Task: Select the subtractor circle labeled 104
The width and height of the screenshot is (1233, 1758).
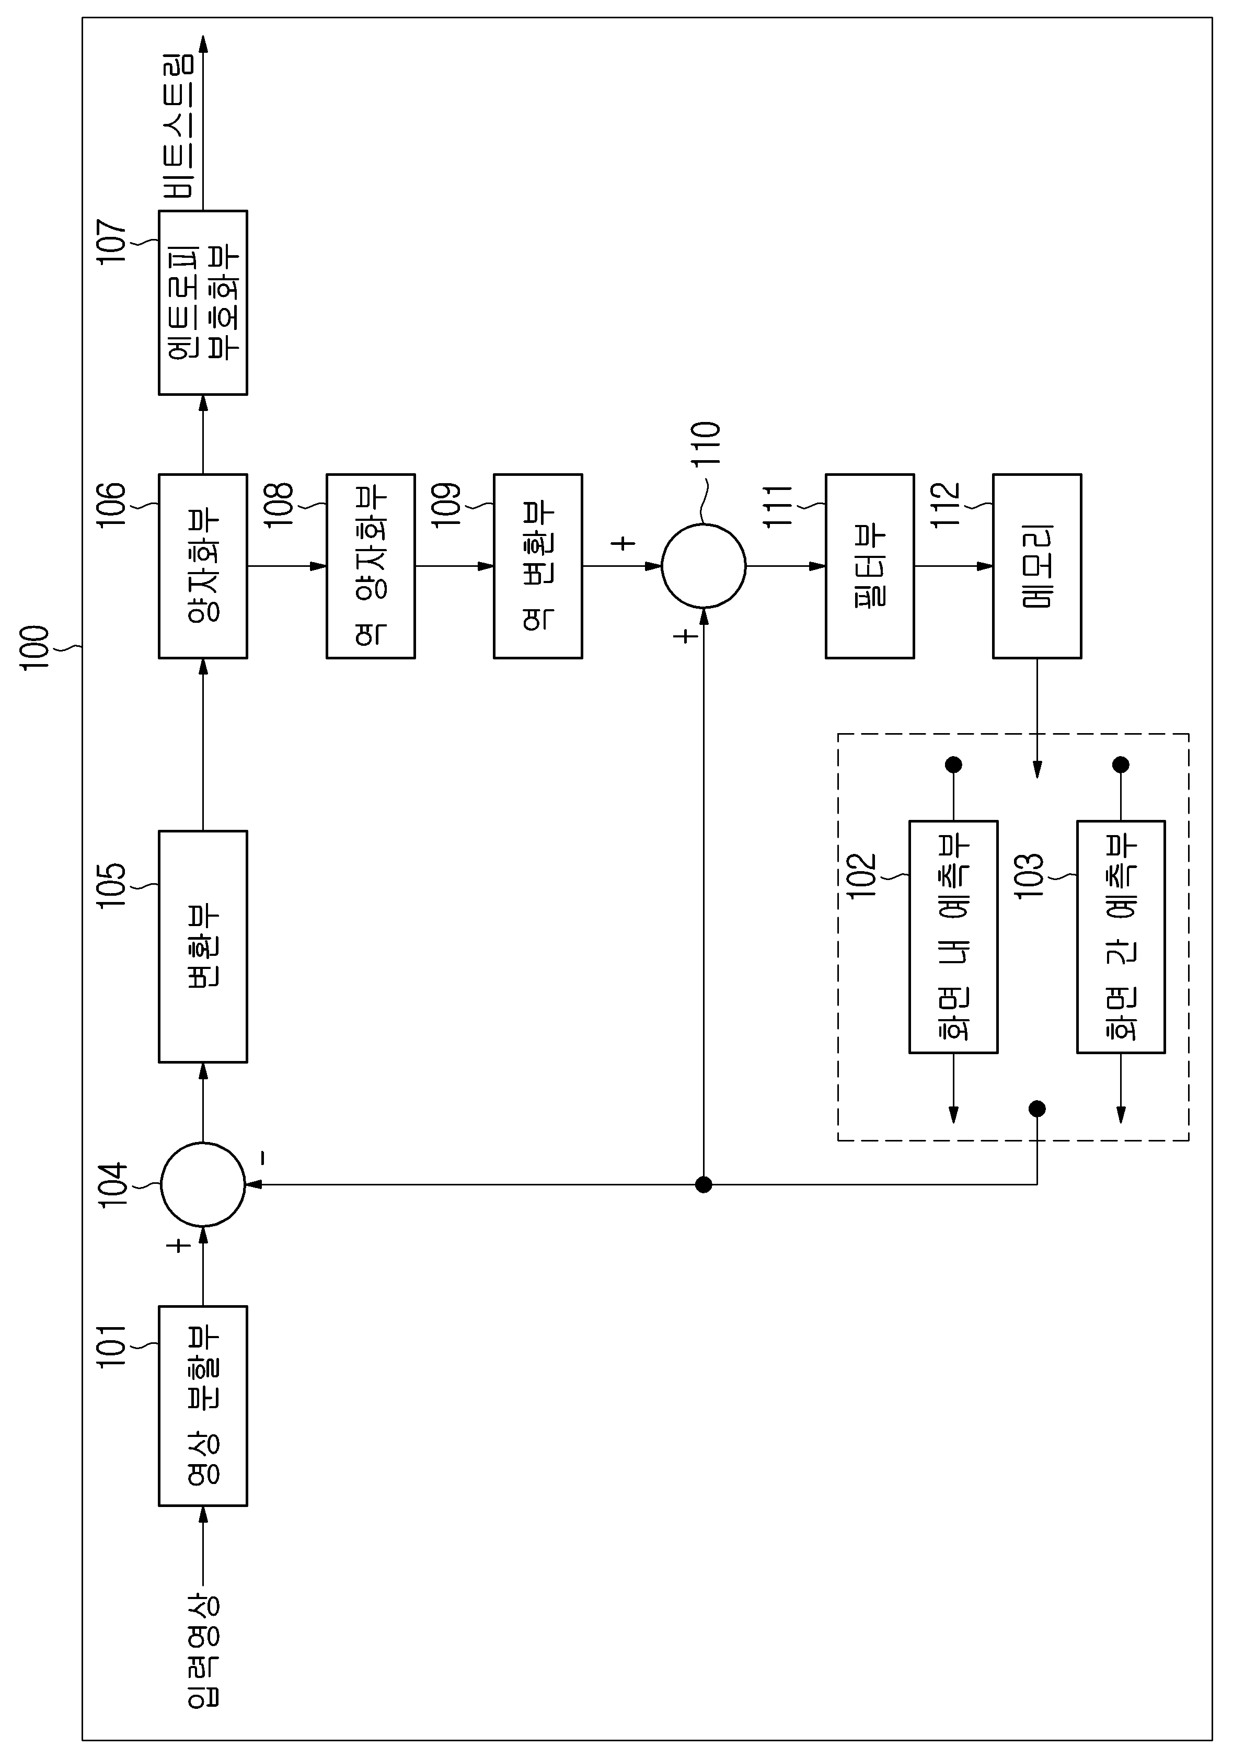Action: [203, 1184]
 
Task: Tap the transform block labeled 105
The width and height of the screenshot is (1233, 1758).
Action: [203, 946]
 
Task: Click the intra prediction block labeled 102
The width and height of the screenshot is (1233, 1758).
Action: [954, 937]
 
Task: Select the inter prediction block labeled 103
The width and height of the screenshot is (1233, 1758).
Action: [1121, 937]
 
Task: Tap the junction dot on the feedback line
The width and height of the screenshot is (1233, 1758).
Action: [704, 1184]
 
